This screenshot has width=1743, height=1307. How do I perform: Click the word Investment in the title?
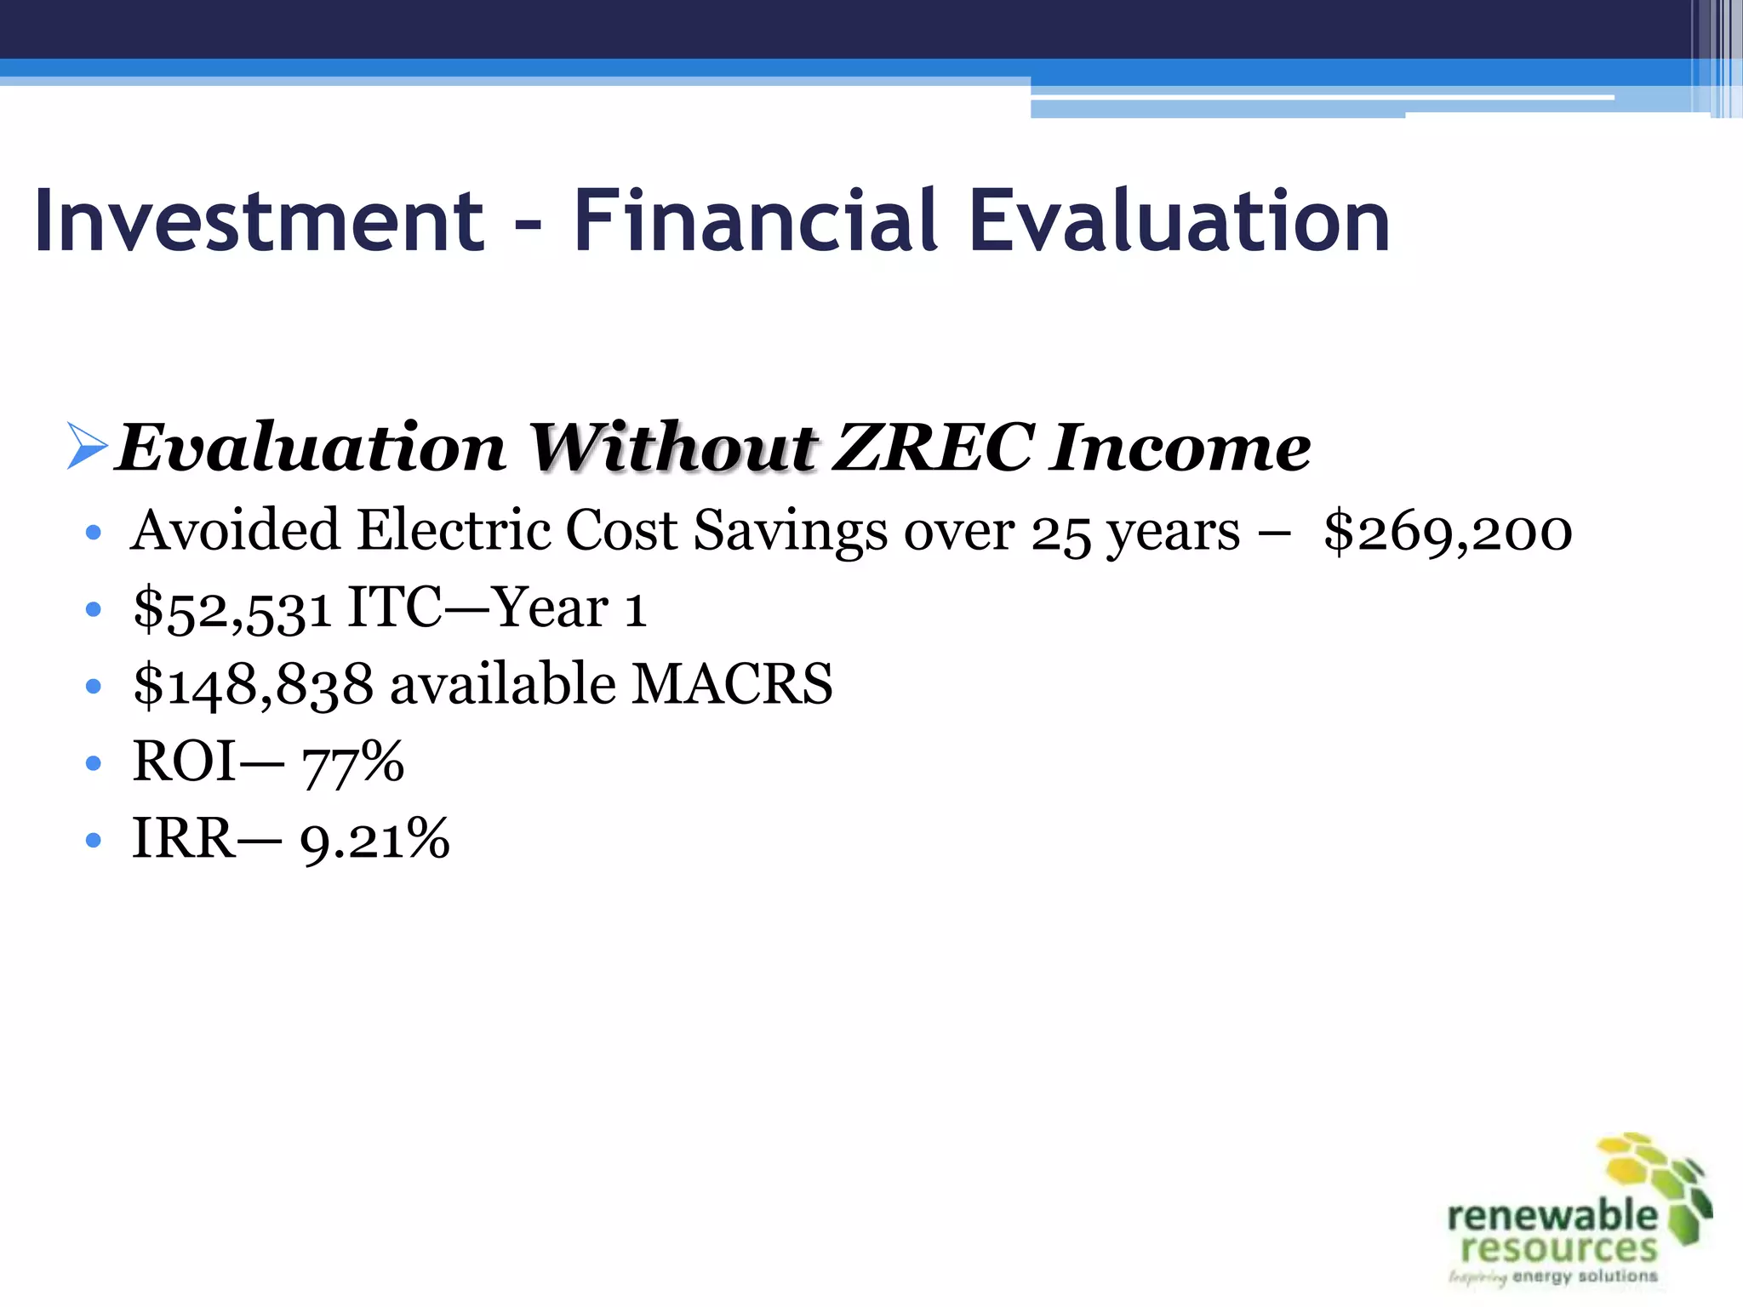coord(259,221)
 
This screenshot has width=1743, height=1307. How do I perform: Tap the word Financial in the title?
coord(756,221)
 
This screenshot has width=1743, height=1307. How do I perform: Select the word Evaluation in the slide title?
coord(1180,221)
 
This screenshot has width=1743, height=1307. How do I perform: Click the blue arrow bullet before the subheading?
coord(87,448)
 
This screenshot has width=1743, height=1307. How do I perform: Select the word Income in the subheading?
coord(1180,448)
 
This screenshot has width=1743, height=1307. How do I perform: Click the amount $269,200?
coord(1448,532)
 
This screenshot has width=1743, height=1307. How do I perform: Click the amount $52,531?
coord(232,609)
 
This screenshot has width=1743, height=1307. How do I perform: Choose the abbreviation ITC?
coord(395,608)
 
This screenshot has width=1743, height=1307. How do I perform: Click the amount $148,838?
coord(254,685)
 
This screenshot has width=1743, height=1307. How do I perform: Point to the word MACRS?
coord(732,684)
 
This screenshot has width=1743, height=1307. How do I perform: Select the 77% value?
coord(353,762)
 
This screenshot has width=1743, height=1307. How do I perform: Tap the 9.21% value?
coord(374,840)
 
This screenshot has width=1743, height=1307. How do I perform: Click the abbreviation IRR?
coord(184,839)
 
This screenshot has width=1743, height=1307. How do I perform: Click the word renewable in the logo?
coord(1552,1216)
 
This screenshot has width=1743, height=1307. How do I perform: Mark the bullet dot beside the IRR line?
coord(94,841)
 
